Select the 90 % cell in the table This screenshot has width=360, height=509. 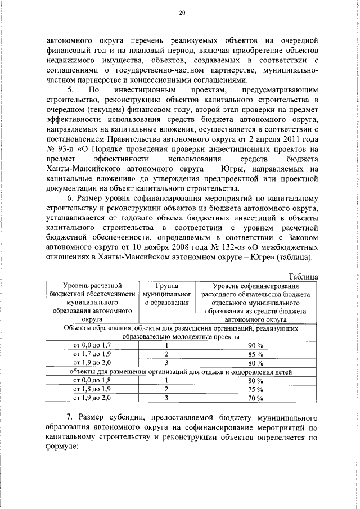pos(255,344)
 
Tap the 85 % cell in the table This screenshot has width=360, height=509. pos(255,353)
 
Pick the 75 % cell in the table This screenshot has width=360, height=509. pos(255,389)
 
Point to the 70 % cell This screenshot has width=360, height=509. pos(255,398)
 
